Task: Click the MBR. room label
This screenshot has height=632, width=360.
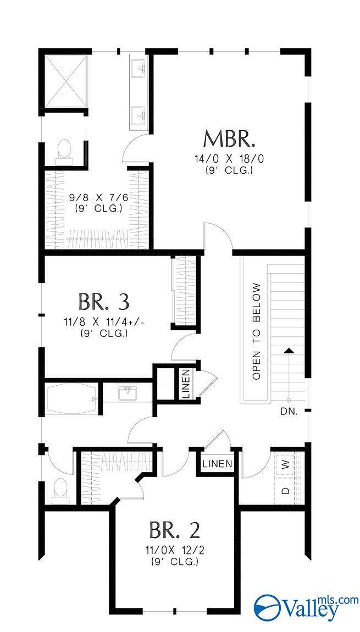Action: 229,139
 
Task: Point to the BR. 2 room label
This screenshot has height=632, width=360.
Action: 174,529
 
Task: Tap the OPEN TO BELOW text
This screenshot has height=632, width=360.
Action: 256,331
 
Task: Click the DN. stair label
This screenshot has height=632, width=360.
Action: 289,411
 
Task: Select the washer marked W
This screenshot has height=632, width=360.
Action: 285,464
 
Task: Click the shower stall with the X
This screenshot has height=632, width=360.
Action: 65,81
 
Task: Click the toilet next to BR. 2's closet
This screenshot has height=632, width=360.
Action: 60,490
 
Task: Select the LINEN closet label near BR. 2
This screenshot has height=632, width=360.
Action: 217,464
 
